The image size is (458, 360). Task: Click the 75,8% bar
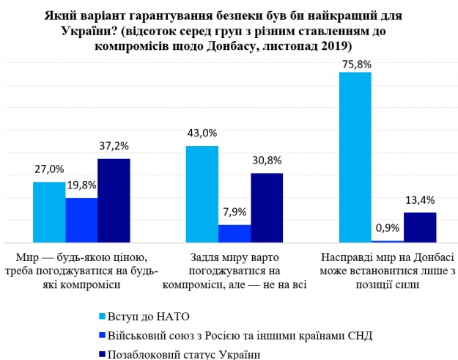tap(355, 157)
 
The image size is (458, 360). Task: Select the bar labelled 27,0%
tap(49, 212)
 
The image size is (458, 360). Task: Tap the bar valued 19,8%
tap(81, 220)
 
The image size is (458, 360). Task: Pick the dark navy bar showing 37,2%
tap(114, 200)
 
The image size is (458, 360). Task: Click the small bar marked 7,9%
tap(234, 233)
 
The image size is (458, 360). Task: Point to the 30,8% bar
tap(267, 207)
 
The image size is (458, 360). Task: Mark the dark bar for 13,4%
tap(420, 227)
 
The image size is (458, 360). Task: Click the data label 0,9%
tap(388, 227)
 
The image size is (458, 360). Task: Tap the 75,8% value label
tap(356, 64)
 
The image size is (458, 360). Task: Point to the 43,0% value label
tap(203, 133)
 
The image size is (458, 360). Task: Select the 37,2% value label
tap(114, 147)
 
